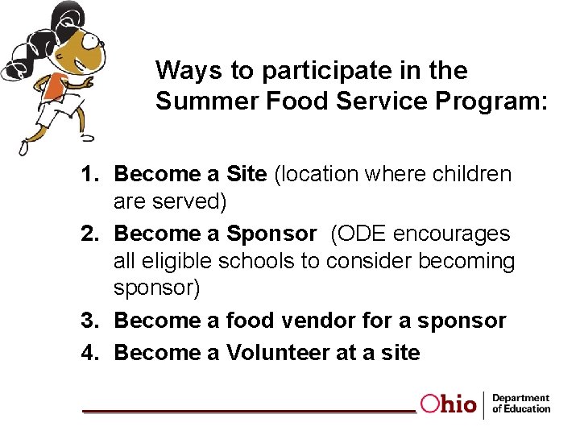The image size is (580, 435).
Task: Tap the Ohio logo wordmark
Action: (448, 404)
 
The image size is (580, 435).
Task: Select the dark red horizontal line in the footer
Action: (250, 411)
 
